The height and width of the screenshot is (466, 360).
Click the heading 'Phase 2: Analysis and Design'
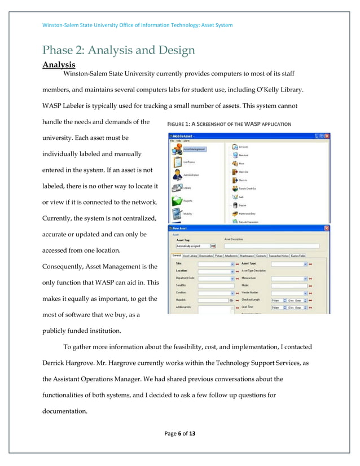119,50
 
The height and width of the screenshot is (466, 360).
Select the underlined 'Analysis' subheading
59,65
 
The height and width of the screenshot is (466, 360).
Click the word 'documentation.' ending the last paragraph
65,411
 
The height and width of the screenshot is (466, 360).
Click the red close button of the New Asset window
326,228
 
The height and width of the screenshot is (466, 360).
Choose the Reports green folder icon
176,199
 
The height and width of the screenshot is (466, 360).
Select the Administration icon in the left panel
176,174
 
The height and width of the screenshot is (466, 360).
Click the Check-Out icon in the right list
234,172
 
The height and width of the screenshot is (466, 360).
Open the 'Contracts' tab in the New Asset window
261,256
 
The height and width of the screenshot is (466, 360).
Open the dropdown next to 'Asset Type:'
306,263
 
